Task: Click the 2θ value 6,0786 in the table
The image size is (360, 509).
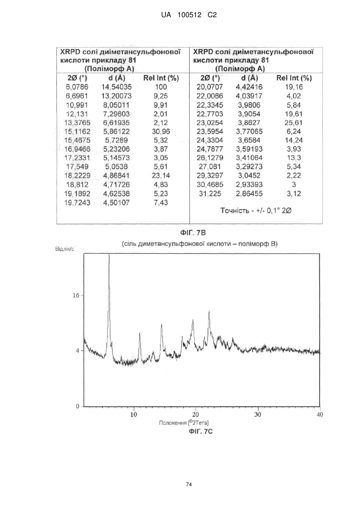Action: pyautogui.click(x=77, y=87)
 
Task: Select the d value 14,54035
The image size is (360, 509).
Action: pyautogui.click(x=116, y=87)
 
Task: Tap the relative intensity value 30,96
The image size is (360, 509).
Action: pyautogui.click(x=161, y=132)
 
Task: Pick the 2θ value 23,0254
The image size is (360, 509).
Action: pyautogui.click(x=210, y=123)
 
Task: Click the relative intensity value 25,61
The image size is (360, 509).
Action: pyautogui.click(x=294, y=123)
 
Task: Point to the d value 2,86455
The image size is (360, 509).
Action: pyautogui.click(x=249, y=194)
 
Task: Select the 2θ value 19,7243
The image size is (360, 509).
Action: pyautogui.click(x=77, y=202)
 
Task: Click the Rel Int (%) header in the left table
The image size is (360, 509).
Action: pyautogui.click(x=161, y=78)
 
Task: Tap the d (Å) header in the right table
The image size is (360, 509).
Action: pyautogui.click(x=249, y=78)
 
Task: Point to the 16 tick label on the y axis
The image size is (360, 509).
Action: pyautogui.click(x=76, y=295)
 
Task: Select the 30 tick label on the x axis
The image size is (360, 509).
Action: pyautogui.click(x=258, y=415)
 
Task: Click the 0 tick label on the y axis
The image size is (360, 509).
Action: pyautogui.click(x=78, y=406)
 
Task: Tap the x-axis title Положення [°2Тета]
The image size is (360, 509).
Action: pyautogui.click(x=184, y=423)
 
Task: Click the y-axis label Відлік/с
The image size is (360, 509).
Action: pyautogui.click(x=65, y=249)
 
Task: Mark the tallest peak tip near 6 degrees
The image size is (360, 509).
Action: pyautogui.click(x=109, y=254)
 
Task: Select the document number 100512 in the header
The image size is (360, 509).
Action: pyautogui.click(x=189, y=15)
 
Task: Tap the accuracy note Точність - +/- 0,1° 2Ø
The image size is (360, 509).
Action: pyautogui.click(x=256, y=211)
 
